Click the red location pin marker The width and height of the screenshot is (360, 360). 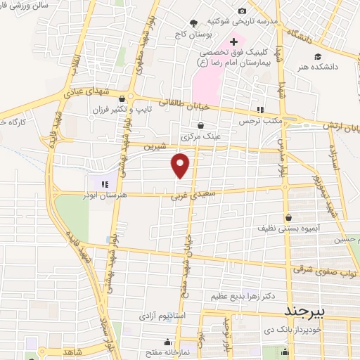point(181,165)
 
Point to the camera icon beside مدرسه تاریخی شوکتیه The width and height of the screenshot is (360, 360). point(243,11)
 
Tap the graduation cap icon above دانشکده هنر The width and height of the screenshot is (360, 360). point(319,56)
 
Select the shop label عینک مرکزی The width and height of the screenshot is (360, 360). point(201,136)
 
